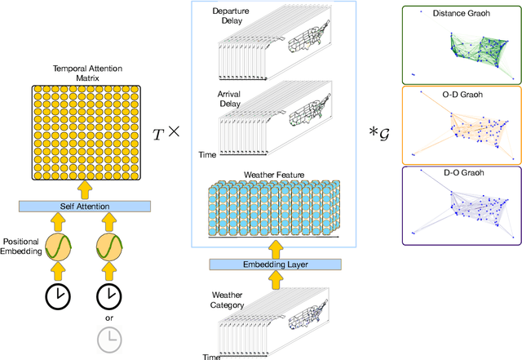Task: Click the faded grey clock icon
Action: click(x=108, y=336)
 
